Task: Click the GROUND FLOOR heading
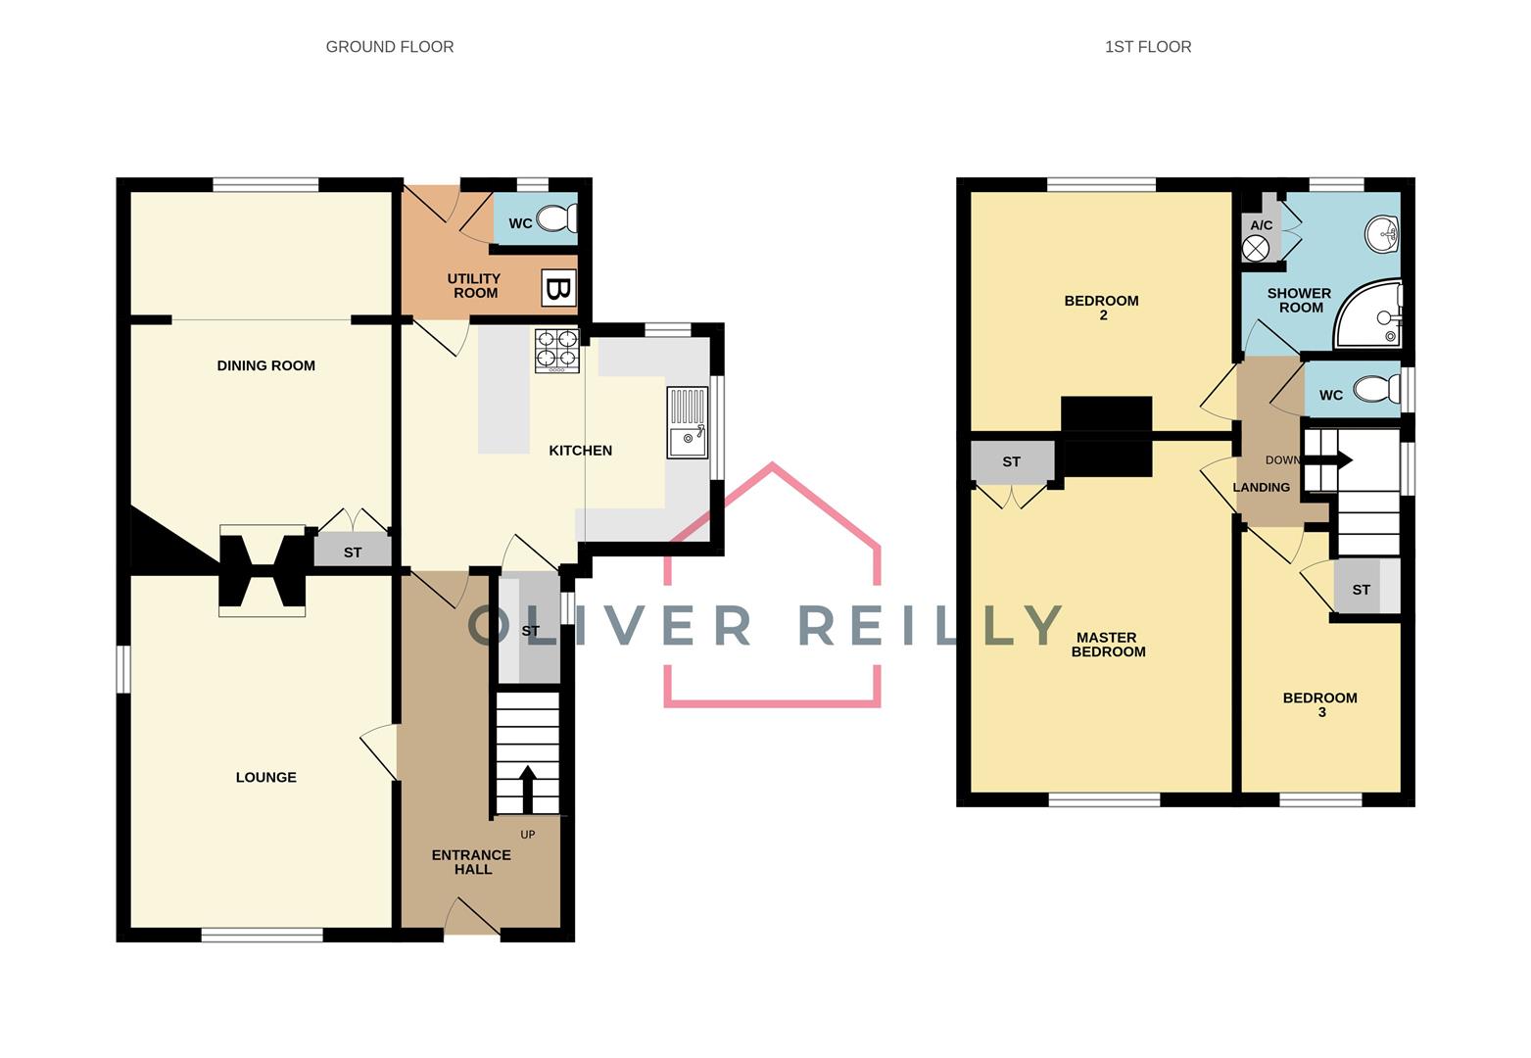[x=390, y=46]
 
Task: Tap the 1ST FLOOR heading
[x=1148, y=46]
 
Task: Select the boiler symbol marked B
[x=559, y=288]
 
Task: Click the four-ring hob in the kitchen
[x=557, y=351]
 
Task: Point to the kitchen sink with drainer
[x=688, y=422]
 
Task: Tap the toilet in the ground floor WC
[x=557, y=218]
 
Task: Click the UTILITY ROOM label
[x=474, y=286]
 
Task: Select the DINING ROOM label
[x=265, y=365]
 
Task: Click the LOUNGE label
[x=265, y=777]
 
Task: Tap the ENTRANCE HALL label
[x=471, y=862]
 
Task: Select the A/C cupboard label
[x=1261, y=225]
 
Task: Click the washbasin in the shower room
[x=1382, y=234]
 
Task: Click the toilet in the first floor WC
[x=1376, y=389]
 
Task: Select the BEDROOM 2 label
[x=1102, y=308]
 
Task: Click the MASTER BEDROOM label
[x=1108, y=645]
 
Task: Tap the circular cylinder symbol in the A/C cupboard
[x=1256, y=248]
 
